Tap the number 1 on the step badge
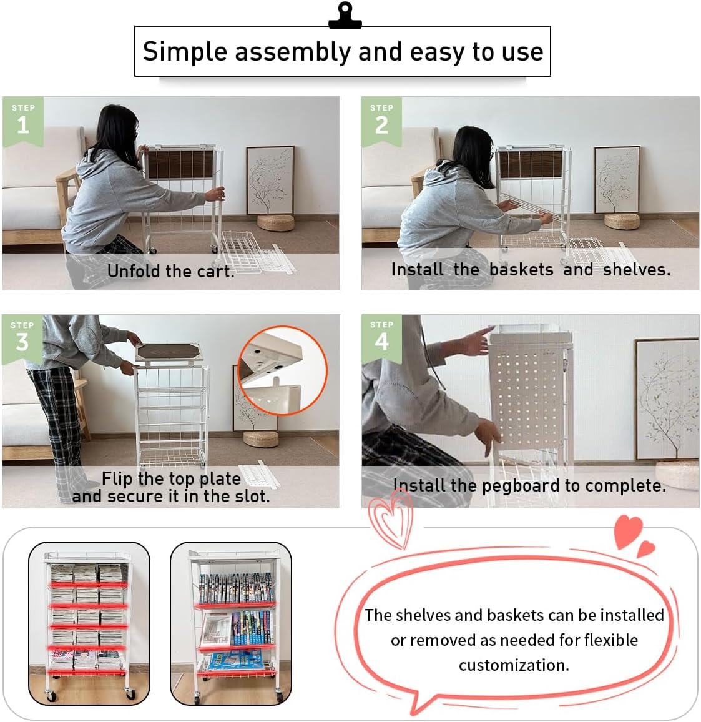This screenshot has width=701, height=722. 23,126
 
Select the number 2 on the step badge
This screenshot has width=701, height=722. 381,126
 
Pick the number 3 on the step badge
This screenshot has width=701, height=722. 22,342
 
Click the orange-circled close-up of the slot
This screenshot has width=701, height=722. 282,370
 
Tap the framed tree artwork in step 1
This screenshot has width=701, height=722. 270,180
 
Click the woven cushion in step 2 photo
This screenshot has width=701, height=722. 622,220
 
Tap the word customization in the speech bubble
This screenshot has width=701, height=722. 514,665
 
